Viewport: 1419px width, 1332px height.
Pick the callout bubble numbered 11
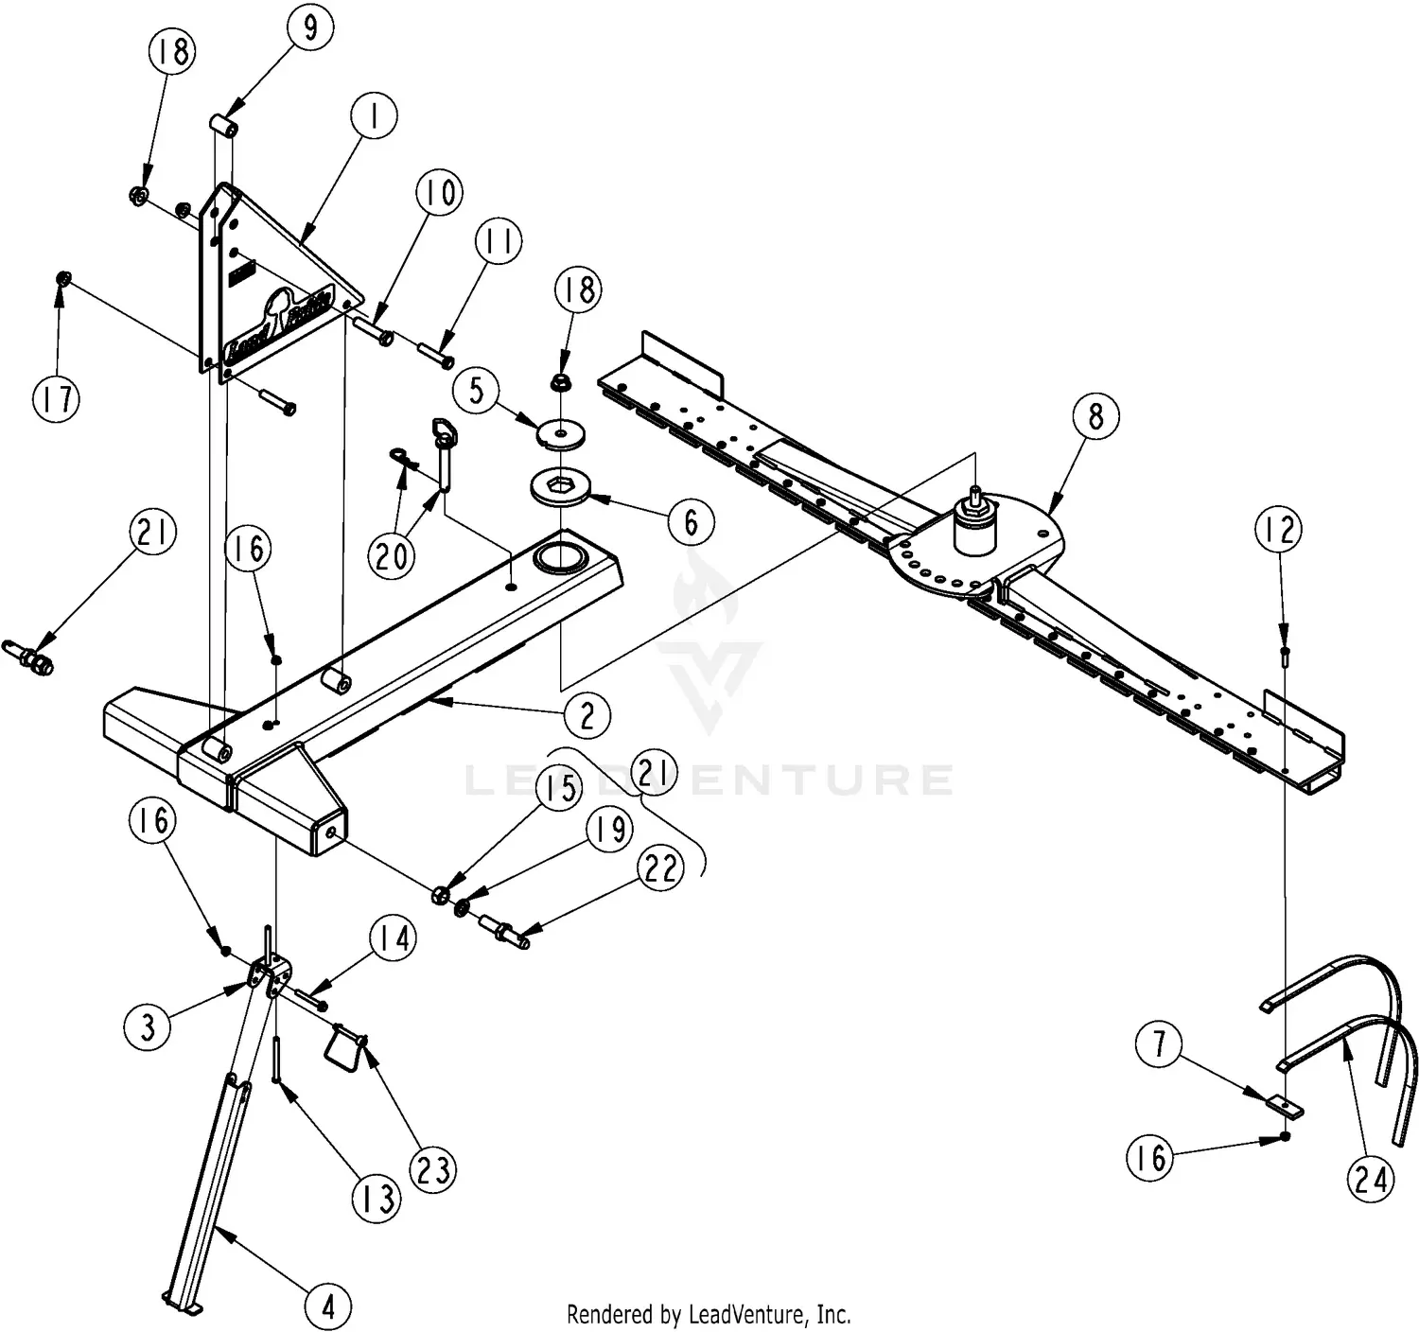point(499,243)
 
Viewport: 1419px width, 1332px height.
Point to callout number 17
point(56,398)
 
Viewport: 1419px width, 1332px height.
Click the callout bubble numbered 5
point(478,390)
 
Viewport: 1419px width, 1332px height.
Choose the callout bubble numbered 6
point(690,521)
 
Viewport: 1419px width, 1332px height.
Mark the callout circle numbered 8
point(1095,415)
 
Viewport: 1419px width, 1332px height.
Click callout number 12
point(1278,530)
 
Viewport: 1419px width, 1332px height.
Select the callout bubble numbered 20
point(392,554)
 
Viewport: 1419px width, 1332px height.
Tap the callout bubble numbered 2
point(587,715)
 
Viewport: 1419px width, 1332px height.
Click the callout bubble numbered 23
point(433,1170)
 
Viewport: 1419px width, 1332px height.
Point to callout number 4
point(328,1306)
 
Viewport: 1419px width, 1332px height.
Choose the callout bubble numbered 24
point(1371,1179)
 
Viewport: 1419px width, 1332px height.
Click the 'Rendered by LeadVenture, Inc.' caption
point(709,1314)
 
